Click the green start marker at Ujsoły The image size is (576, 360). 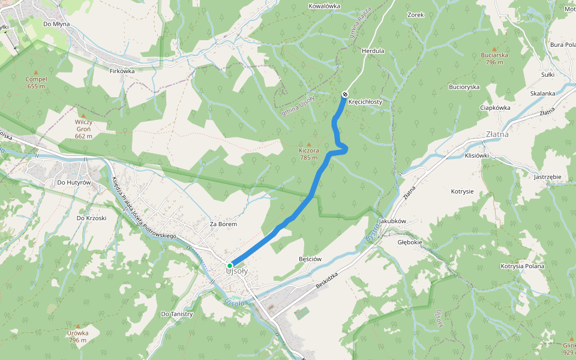coord(230,265)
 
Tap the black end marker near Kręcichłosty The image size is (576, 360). coord(345,94)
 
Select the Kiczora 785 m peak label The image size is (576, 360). coord(309,154)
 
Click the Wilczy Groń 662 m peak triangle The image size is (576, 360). coord(83,115)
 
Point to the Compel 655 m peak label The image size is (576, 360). coord(36,82)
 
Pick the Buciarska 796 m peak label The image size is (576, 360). coord(494,58)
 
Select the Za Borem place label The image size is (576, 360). coord(223,224)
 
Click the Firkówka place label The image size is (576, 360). coord(122,71)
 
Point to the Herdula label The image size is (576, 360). coord(373,51)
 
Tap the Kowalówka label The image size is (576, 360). coord(324,6)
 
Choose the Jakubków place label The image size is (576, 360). coord(393,221)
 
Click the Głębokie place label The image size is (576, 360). coord(410,242)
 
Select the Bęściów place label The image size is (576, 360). coord(310,259)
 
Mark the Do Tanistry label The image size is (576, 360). coord(177,314)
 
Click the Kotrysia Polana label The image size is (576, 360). coord(522,266)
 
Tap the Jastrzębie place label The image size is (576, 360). coord(547,177)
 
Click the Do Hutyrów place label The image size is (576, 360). coord(73,182)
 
